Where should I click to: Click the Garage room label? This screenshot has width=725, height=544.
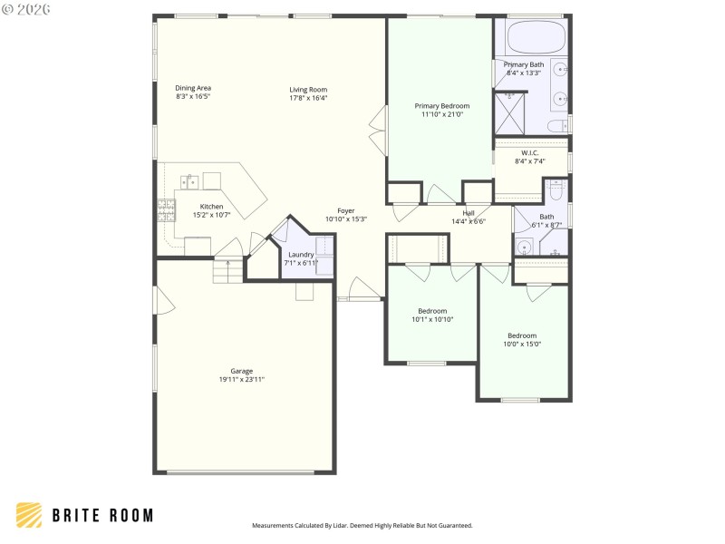coord(241,370)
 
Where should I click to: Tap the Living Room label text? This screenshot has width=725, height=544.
coord(308,89)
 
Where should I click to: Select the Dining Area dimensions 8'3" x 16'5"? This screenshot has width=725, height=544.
coord(193,96)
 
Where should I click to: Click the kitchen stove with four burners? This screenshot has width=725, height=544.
coord(167,211)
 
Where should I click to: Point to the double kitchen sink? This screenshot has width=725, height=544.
coord(189,180)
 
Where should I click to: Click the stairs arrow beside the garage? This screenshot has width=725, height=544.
coord(227,265)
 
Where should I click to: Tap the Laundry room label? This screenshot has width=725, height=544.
coord(301,255)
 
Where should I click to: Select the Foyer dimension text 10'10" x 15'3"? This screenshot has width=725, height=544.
coord(346,219)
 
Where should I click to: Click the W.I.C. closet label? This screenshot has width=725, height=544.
coord(530,152)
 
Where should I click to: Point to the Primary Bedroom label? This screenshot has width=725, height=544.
coord(442,106)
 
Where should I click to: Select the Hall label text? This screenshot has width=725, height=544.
coord(469,213)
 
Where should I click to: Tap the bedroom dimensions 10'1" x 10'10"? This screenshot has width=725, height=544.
coord(432,319)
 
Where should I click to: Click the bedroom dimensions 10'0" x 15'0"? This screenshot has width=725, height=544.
coord(522,344)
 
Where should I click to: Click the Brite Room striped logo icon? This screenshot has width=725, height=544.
coord(30,515)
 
